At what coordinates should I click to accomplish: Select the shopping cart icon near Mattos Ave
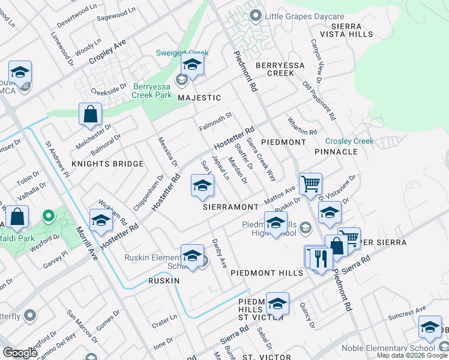point(310,184)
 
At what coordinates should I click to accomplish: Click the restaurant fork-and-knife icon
point(322,259)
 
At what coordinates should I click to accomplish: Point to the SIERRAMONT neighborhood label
point(230,206)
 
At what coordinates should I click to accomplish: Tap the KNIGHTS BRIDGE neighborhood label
point(107,164)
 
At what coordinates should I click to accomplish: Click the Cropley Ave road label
point(107,53)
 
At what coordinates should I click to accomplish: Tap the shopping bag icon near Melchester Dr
point(90,113)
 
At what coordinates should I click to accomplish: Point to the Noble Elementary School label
point(388,348)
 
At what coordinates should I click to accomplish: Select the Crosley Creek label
point(349,141)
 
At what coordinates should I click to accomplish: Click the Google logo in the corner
point(20,353)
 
